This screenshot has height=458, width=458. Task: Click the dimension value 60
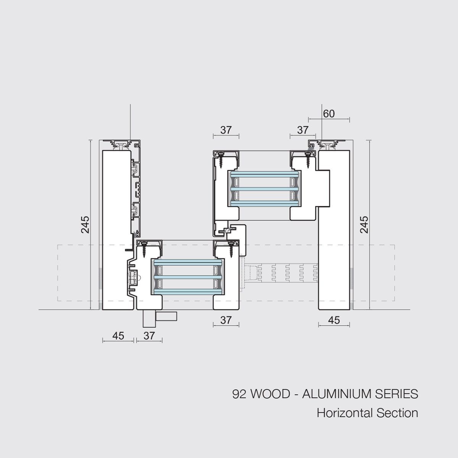coord(329,114)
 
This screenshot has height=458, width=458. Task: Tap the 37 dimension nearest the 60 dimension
coord(303,130)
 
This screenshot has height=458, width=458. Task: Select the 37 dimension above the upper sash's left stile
coord(226,130)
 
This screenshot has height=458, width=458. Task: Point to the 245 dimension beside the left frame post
coord(85,224)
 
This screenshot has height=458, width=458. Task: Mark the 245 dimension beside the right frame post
coord(364,224)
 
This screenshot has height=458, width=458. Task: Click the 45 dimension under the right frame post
coord(334,320)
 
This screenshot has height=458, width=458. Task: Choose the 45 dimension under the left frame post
coord(118,336)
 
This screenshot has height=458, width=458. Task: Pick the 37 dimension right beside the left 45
coord(149,336)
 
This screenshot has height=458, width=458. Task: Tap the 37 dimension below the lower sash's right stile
coord(226,320)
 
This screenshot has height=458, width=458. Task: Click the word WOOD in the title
coord(271,394)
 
